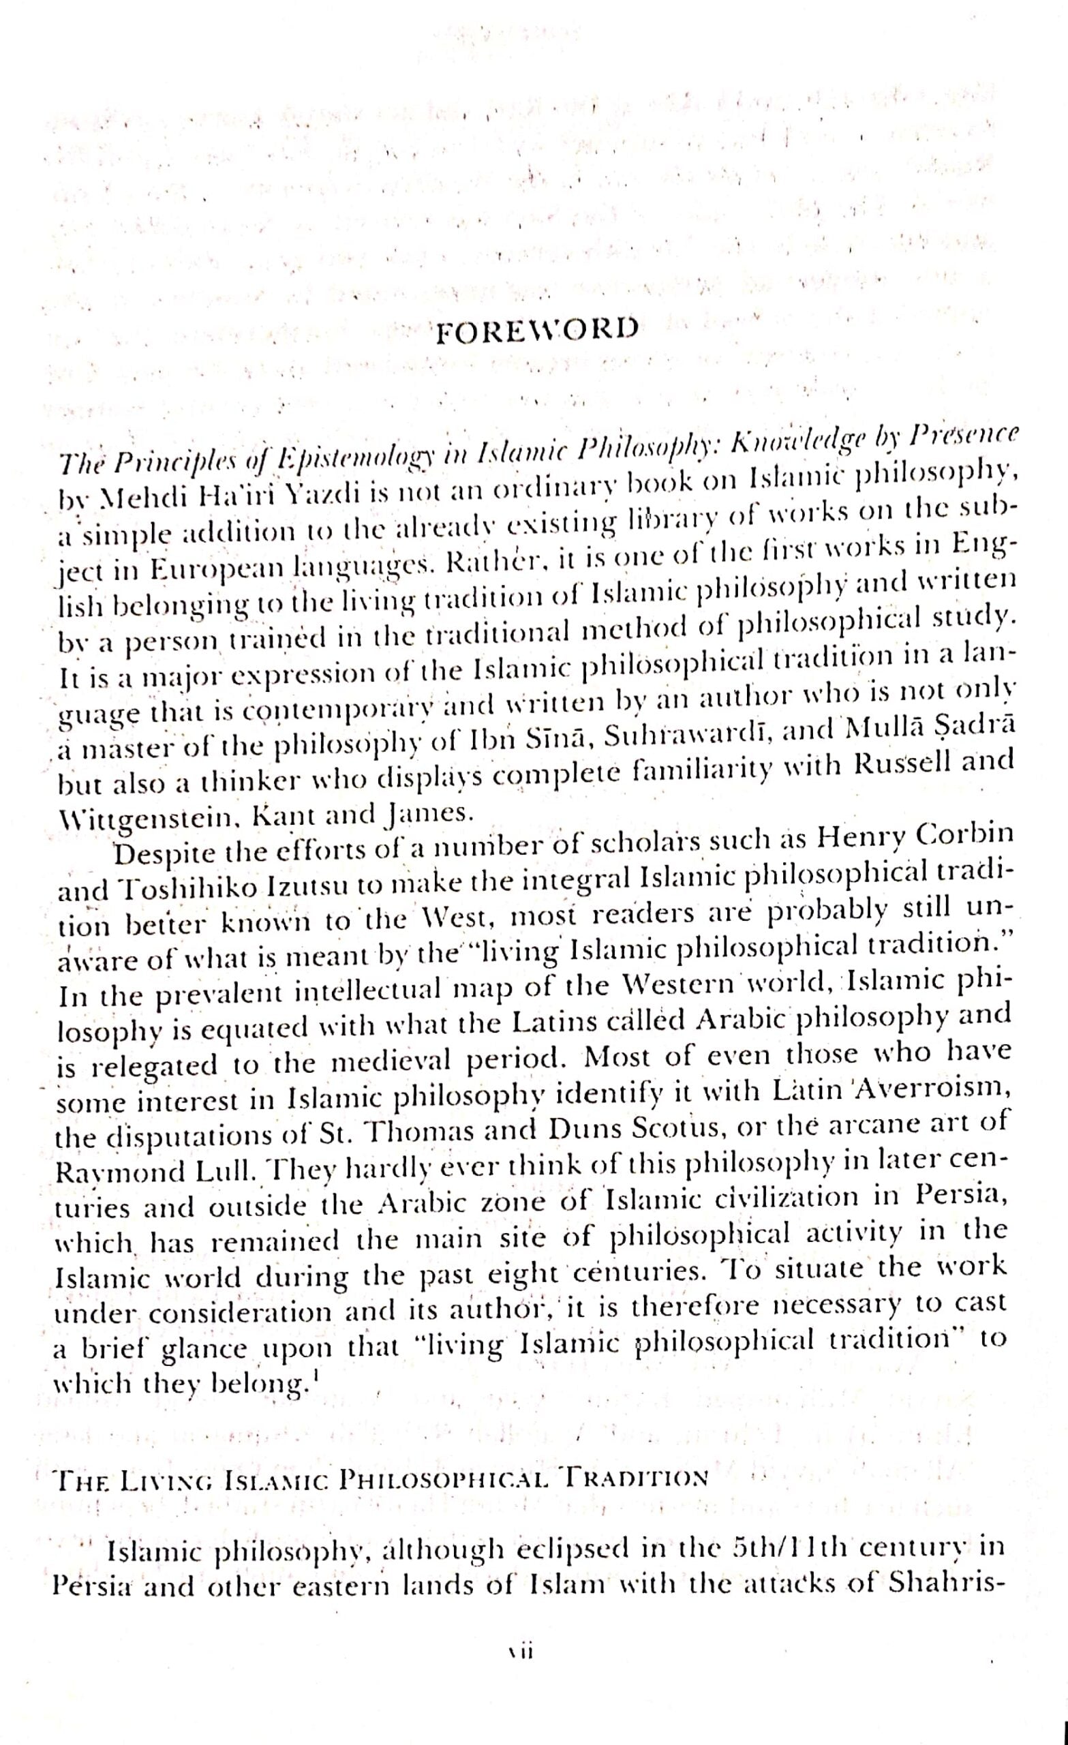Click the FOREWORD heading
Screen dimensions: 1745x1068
[536, 331]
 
